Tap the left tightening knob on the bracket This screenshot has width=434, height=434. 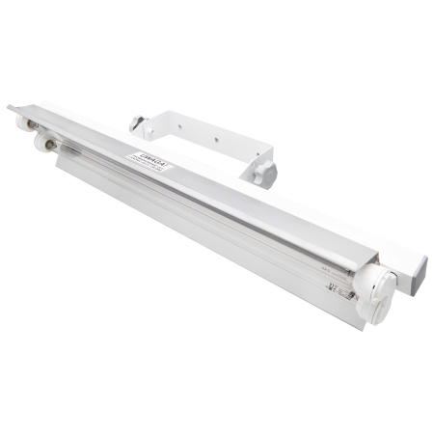point(137,124)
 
